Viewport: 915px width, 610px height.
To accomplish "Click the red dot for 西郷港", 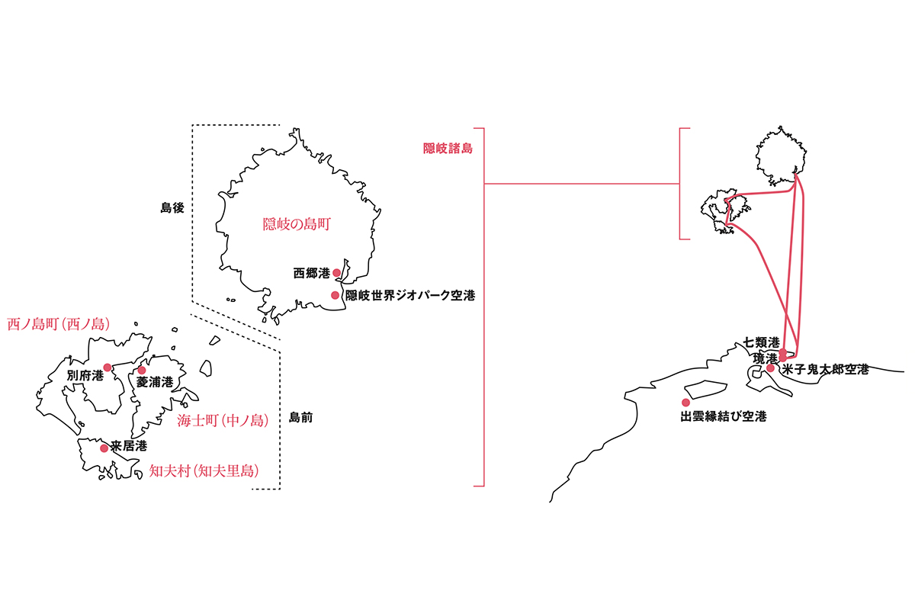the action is (x=336, y=272).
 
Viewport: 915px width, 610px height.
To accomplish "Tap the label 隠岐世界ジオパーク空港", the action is (x=410, y=295).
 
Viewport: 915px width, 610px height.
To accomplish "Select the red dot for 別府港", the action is (x=108, y=368).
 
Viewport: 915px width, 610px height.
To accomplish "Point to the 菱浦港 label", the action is (x=155, y=382).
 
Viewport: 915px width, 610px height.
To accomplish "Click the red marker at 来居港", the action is (x=104, y=448).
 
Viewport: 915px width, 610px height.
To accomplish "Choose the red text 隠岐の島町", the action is (x=297, y=224).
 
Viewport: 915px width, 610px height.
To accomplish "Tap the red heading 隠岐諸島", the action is (x=448, y=149).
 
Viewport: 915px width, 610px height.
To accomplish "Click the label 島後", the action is (x=172, y=208).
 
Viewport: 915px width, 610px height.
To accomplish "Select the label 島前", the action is (x=300, y=418).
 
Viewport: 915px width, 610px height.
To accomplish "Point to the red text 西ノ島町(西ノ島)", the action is (x=59, y=324).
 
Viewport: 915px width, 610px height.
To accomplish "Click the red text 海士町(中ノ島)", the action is (x=223, y=420).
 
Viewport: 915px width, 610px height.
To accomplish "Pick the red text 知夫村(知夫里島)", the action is (x=204, y=471).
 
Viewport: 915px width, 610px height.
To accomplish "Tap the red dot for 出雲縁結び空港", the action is (x=685, y=403).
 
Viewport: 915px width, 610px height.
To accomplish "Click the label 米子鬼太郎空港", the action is (x=825, y=370).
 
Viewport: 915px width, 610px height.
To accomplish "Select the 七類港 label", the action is (x=762, y=342).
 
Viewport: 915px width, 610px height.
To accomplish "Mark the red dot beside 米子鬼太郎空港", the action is (x=770, y=368).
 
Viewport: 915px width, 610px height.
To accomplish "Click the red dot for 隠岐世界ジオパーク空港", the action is (x=335, y=295).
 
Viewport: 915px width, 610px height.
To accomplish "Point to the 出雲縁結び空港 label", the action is (x=724, y=416).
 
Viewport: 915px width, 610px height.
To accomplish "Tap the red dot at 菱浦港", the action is (x=142, y=370).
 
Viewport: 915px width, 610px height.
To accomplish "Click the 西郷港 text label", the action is (x=311, y=273).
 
